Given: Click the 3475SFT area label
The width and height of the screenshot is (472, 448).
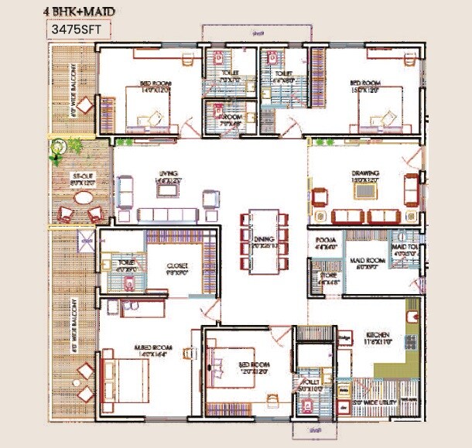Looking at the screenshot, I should (77, 30).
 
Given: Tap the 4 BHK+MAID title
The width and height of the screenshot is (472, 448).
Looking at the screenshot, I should (81, 9).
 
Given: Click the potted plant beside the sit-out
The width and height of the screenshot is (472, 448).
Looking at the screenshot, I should (58, 149).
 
